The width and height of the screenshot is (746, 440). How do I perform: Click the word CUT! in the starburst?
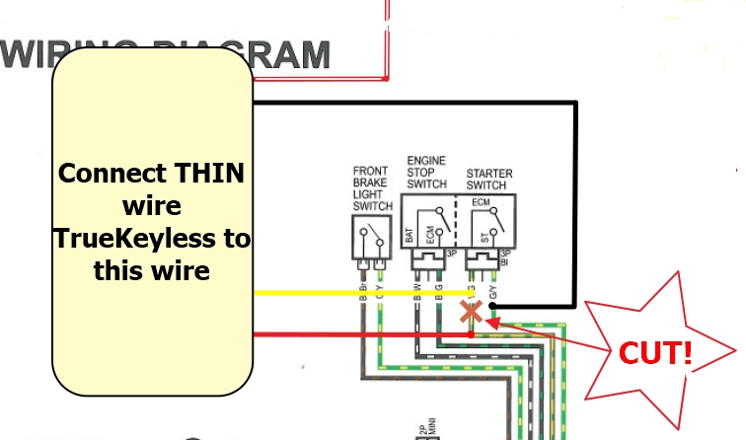(x=653, y=353)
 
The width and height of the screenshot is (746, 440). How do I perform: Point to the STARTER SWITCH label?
(x=488, y=180)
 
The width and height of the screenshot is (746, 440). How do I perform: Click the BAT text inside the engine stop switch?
(x=409, y=235)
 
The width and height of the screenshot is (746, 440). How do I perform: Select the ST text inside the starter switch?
(x=485, y=239)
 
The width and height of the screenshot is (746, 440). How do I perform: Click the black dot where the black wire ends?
(x=491, y=306)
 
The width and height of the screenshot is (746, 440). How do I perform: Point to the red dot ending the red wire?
(x=472, y=334)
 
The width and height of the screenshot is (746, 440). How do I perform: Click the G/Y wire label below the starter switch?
(x=492, y=292)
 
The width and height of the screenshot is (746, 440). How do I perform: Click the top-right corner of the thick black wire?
(x=575, y=103)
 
